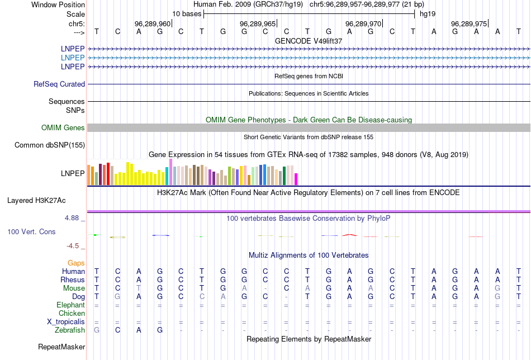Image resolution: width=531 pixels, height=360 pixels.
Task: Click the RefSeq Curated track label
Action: (59, 84)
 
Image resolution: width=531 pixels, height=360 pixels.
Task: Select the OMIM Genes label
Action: (63, 128)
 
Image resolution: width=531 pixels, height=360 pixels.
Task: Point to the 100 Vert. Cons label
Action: (31, 231)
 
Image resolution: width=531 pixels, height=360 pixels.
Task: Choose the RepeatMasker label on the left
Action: (61, 347)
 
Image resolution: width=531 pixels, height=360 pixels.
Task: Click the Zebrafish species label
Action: (70, 330)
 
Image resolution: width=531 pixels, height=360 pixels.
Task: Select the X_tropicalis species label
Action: (66, 322)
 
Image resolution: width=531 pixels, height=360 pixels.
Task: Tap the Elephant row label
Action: (70, 305)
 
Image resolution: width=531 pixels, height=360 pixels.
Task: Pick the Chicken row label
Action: (72, 314)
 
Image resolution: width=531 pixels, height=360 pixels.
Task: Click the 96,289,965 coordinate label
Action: (258, 23)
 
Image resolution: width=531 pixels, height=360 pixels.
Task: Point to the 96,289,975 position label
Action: (469, 23)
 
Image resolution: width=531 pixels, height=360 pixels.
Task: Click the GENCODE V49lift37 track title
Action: (309, 41)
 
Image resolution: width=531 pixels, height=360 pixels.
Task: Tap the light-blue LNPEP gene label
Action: (73, 58)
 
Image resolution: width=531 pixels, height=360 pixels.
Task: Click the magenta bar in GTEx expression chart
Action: (296, 179)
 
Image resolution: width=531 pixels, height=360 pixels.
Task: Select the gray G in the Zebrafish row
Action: (97, 330)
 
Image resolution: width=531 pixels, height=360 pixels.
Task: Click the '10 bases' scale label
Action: (186, 13)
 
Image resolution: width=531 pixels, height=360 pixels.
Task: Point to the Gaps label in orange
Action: (76, 263)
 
